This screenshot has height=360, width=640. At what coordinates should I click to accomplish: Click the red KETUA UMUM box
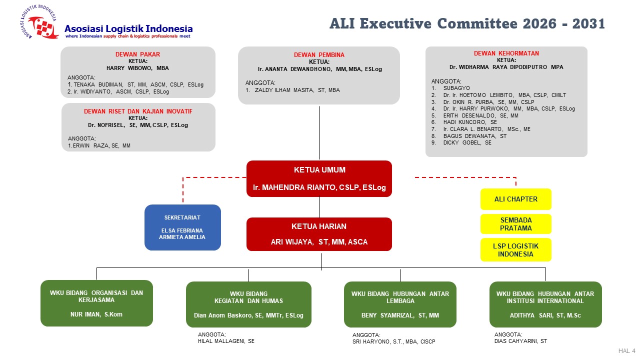319,178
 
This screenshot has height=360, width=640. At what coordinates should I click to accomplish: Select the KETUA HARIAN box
319,234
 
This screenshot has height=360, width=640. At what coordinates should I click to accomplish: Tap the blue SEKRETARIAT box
182,227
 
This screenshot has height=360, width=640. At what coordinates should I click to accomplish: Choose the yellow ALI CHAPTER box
515,199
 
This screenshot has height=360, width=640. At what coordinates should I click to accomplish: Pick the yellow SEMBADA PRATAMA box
515,224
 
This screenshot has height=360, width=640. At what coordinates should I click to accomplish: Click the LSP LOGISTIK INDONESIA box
515,250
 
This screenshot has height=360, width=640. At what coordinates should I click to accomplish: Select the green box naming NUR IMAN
96,303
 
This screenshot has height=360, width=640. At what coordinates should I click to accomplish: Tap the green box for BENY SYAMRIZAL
400,304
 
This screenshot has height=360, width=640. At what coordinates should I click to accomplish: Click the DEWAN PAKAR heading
137,54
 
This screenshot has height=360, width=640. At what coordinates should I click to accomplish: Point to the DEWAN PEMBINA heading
319,55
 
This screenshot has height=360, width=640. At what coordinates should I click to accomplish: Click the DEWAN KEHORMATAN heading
506,53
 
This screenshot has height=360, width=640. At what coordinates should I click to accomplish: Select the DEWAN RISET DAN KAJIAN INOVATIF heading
138,111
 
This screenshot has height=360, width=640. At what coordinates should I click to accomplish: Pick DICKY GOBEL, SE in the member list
467,142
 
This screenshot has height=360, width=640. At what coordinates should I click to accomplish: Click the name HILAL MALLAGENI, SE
226,341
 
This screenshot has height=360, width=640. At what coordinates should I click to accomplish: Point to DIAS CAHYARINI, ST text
520,341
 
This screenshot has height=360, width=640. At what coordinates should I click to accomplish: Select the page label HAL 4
627,351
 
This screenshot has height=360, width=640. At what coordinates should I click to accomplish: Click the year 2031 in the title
588,23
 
